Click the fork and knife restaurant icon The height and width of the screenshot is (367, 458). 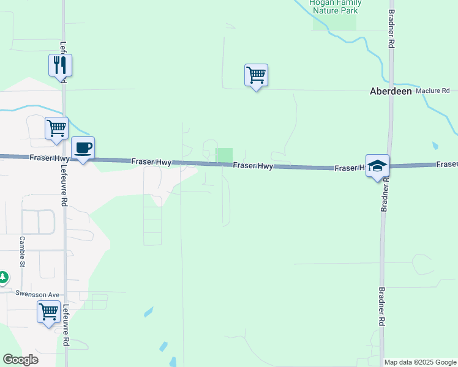(x=60, y=65)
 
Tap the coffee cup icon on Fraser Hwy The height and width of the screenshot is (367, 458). (x=83, y=147)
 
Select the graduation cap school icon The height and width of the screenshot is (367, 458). (x=377, y=165)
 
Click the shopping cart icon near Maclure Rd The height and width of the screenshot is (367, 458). (x=256, y=75)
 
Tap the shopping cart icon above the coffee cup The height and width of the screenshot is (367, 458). (x=56, y=128)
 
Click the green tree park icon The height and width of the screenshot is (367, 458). (x=3, y=278)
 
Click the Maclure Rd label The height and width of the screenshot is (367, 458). (x=432, y=91)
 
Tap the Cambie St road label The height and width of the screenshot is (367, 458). (x=21, y=252)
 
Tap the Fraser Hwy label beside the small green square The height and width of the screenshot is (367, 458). (x=252, y=165)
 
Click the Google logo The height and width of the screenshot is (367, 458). (x=20, y=360)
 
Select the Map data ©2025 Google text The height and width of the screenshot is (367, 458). (x=420, y=362)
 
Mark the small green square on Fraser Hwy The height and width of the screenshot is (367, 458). (x=224, y=155)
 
